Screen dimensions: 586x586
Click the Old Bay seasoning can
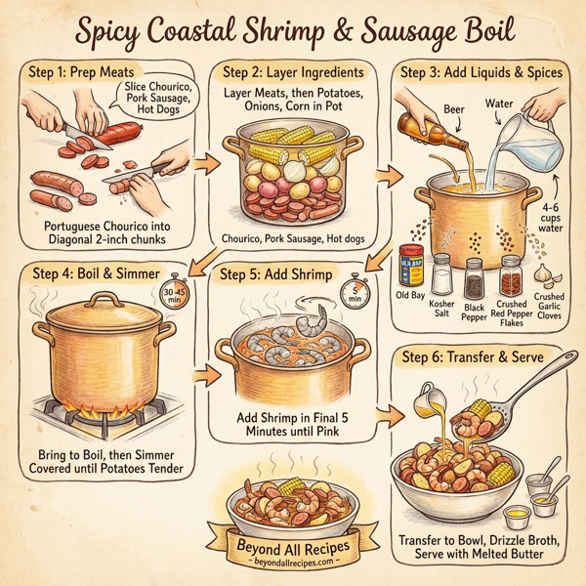411,264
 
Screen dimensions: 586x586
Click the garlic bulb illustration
544,272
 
